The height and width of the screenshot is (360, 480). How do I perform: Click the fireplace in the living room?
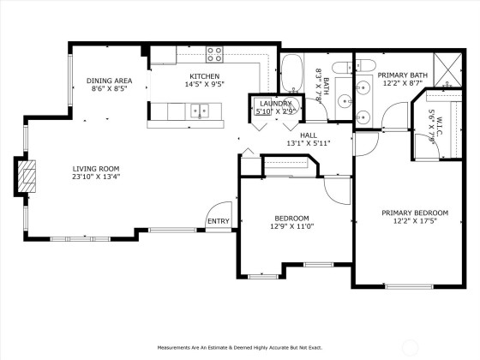click(x=27, y=177)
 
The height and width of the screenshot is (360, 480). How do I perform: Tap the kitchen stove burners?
click(x=214, y=55)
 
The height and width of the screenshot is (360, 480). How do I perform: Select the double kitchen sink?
click(x=200, y=111)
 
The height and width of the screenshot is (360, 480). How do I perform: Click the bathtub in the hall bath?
click(x=292, y=74)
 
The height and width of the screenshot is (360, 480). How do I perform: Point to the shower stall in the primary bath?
click(x=447, y=69)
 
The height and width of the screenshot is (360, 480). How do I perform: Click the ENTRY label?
click(x=219, y=221)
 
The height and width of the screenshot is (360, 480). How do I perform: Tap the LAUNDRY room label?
click(x=275, y=104)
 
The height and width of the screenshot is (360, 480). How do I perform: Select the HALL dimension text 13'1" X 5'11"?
click(x=309, y=142)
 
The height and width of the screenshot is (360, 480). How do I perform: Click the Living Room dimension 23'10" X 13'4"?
click(x=96, y=177)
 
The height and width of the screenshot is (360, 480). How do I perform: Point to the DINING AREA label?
click(x=110, y=81)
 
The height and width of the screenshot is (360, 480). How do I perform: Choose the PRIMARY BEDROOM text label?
click(x=415, y=213)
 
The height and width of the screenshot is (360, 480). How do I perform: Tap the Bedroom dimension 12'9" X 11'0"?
click(x=292, y=226)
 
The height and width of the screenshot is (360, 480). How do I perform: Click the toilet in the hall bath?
click(x=342, y=68)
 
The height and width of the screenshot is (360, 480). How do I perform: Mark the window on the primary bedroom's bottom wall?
click(x=409, y=286)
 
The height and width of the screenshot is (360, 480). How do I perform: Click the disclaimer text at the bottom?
click(x=240, y=348)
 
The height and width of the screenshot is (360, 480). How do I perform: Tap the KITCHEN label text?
click(x=205, y=76)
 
